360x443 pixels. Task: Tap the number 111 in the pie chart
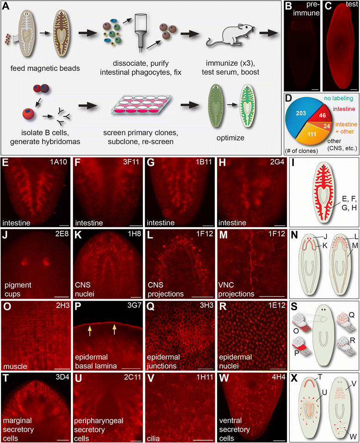coord(312,134)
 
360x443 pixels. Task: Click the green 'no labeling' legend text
coord(339,98)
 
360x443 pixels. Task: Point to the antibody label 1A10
coord(58,162)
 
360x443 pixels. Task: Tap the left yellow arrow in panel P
coord(90,330)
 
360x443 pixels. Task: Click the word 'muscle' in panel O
coord(15,366)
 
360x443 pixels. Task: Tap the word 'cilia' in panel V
coord(153,439)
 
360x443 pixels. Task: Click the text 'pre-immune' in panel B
coord(306,9)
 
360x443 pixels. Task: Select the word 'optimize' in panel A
coord(230,138)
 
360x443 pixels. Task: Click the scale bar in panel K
coord(136,297)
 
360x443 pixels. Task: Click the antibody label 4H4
coord(279,377)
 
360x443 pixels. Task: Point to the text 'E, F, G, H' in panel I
coord(349,203)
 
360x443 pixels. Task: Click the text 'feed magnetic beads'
coord(45,68)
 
